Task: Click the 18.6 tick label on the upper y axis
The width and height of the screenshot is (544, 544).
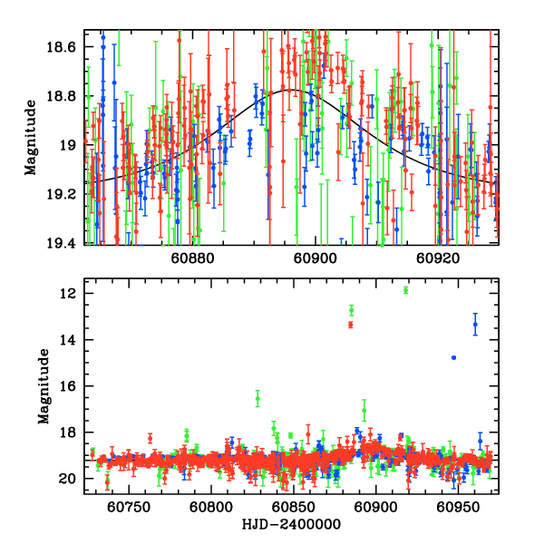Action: click(66, 46)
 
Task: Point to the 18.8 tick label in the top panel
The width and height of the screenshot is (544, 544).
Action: click(66, 96)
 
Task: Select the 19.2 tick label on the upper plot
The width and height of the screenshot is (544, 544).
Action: click(66, 194)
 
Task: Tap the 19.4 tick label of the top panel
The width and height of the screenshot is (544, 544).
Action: click(66, 243)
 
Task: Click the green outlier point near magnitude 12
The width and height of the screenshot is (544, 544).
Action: click(405, 290)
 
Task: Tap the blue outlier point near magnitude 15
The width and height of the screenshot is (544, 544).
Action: click(453, 357)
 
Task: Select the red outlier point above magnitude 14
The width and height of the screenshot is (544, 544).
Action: click(350, 324)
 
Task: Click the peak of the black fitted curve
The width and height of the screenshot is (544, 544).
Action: click(294, 90)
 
